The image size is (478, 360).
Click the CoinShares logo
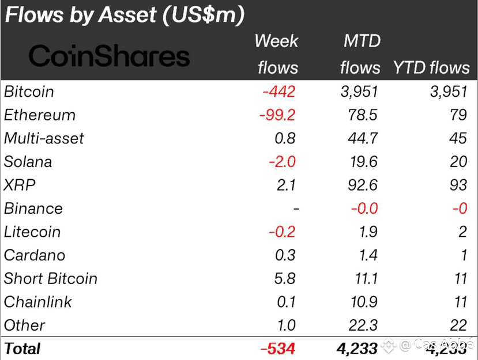point(109,56)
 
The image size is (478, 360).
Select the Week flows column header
point(277,54)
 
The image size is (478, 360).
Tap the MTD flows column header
point(360,54)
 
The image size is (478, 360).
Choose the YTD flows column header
point(431,67)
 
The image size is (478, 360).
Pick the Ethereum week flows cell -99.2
point(277,115)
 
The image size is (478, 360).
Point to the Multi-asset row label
point(44,138)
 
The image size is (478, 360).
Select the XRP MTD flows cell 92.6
point(364,185)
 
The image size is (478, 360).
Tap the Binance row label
point(33,209)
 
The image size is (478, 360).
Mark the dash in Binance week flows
point(296,209)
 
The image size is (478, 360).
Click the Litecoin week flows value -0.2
point(282,232)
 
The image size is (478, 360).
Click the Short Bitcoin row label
point(51,279)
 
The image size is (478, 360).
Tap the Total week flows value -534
point(278,349)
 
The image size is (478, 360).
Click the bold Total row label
point(22,349)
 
